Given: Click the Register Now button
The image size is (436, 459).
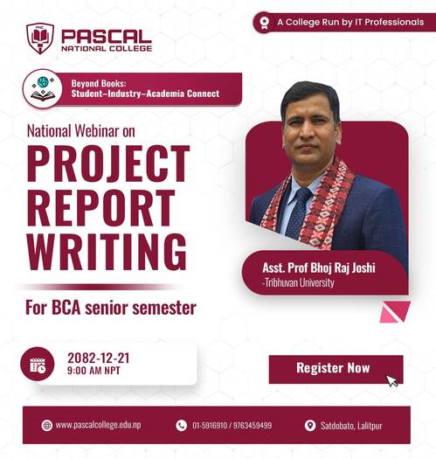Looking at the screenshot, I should point(333,368).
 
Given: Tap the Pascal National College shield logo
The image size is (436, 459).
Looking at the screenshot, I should point(40,38).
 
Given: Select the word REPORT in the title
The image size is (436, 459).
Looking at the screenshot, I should point(100,208).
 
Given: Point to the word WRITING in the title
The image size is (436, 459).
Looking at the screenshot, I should point(106,251).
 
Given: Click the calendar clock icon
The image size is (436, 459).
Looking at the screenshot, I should point(38,365).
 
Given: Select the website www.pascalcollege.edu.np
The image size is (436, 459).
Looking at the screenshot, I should point(100,426).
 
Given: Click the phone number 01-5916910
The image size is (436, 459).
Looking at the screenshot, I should point(211,426).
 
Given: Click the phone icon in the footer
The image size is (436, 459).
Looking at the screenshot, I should point(182,426).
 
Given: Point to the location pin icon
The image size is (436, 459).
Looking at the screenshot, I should point(309,426).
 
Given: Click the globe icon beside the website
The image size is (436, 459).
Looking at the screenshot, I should point(46,426).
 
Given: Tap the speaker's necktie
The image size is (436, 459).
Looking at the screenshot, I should point(301,211).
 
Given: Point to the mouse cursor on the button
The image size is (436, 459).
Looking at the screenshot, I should point(392,380).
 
